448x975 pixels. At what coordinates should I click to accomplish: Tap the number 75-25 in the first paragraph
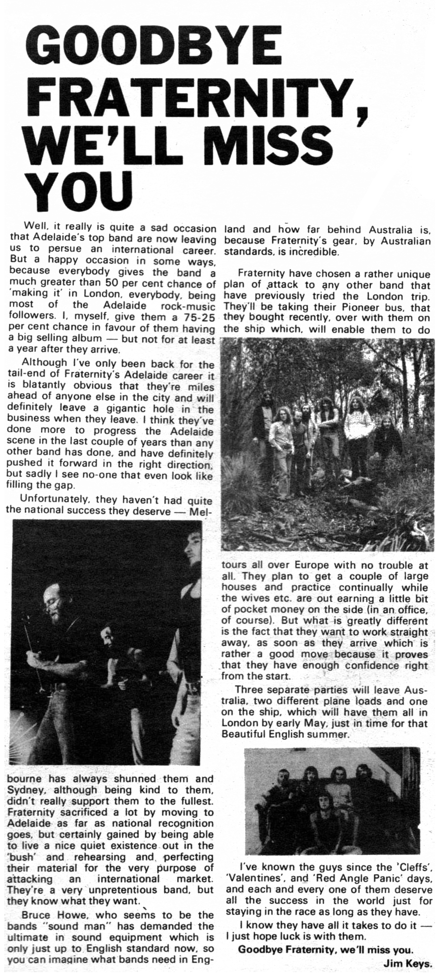click(x=196, y=317)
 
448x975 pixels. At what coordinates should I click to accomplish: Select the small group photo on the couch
click(x=332, y=801)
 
